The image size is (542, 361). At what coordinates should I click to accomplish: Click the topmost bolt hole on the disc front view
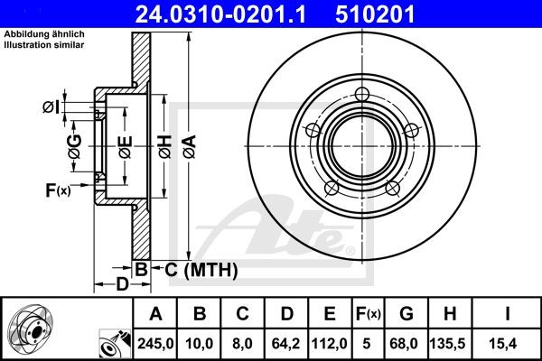pyautogui.click(x=363, y=94)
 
